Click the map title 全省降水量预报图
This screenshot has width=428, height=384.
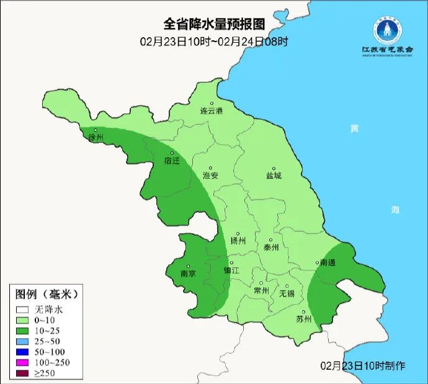(214, 24)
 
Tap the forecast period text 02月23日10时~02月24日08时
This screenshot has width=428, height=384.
(214, 42)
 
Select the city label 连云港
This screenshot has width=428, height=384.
(211, 111)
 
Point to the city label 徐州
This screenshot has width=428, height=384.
(96, 137)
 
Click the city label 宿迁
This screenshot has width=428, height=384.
(171, 161)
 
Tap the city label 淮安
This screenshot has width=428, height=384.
(211, 176)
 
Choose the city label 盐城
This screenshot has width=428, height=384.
(274, 176)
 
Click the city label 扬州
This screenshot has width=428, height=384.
(238, 241)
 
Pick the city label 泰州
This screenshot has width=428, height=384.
(271, 247)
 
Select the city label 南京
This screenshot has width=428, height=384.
(188, 274)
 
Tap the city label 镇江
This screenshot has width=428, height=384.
(231, 270)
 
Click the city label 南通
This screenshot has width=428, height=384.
(328, 263)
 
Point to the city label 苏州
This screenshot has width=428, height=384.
(303, 319)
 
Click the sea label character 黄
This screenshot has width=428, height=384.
(354, 128)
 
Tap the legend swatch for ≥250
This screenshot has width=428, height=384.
(23, 372)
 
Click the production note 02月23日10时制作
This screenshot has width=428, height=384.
(363, 365)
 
